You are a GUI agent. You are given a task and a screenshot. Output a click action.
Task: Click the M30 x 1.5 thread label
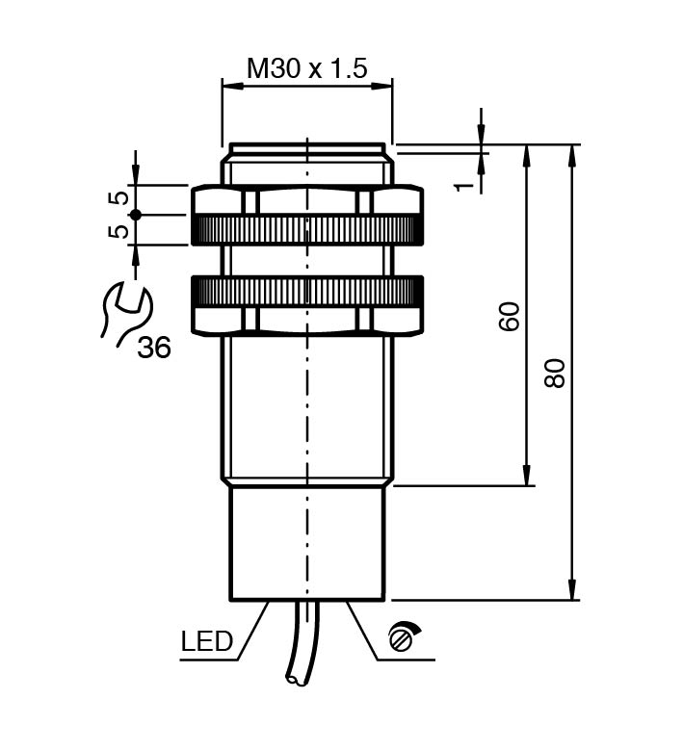pos(307,68)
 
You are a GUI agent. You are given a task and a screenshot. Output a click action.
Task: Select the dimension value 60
pos(510,316)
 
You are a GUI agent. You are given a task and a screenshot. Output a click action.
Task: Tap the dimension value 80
pos(556,372)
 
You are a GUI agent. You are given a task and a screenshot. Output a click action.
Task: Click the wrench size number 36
pos(153,348)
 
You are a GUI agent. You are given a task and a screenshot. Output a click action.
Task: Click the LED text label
pos(206,642)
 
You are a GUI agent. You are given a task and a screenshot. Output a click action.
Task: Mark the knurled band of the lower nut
pos(307,290)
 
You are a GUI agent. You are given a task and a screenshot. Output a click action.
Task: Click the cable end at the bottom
pos(295,681)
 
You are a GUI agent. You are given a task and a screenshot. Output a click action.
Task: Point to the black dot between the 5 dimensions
pos(136,215)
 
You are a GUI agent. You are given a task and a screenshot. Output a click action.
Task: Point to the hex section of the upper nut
pos(307,200)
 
